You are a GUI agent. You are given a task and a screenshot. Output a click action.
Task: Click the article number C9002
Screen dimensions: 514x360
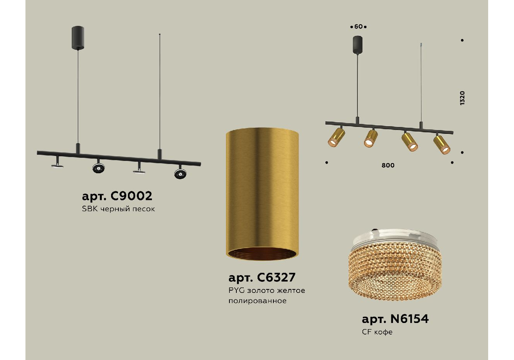[x=131, y=196]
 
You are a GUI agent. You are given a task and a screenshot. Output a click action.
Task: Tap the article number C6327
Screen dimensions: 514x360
[x=276, y=277]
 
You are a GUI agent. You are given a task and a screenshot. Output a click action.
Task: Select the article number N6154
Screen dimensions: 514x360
[x=410, y=319]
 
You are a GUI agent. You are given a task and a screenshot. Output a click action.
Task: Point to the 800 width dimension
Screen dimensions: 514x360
[x=388, y=165]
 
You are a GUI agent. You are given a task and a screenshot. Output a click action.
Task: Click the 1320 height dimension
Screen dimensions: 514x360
[x=462, y=98]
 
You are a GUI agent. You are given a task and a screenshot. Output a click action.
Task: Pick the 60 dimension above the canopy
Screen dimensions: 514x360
[x=358, y=27]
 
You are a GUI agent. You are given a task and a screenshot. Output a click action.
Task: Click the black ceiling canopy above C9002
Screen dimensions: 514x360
[x=78, y=38]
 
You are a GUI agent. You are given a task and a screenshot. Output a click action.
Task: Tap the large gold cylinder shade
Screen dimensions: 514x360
[x=262, y=194]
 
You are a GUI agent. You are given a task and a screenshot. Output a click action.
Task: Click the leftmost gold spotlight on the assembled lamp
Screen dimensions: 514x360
[x=336, y=137]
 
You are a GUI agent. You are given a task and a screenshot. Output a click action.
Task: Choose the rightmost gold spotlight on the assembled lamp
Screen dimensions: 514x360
[x=442, y=144]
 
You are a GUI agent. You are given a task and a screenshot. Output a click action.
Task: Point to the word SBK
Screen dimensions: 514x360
[x=90, y=209]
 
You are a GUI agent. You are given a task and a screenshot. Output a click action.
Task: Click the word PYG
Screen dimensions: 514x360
[x=236, y=290]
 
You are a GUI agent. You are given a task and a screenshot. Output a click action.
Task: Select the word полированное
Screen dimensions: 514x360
[x=258, y=301]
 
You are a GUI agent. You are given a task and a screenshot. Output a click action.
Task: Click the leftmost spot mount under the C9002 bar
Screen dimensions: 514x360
[x=57, y=162]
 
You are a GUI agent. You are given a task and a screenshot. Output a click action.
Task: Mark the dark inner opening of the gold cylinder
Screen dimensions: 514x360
[x=262, y=254]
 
